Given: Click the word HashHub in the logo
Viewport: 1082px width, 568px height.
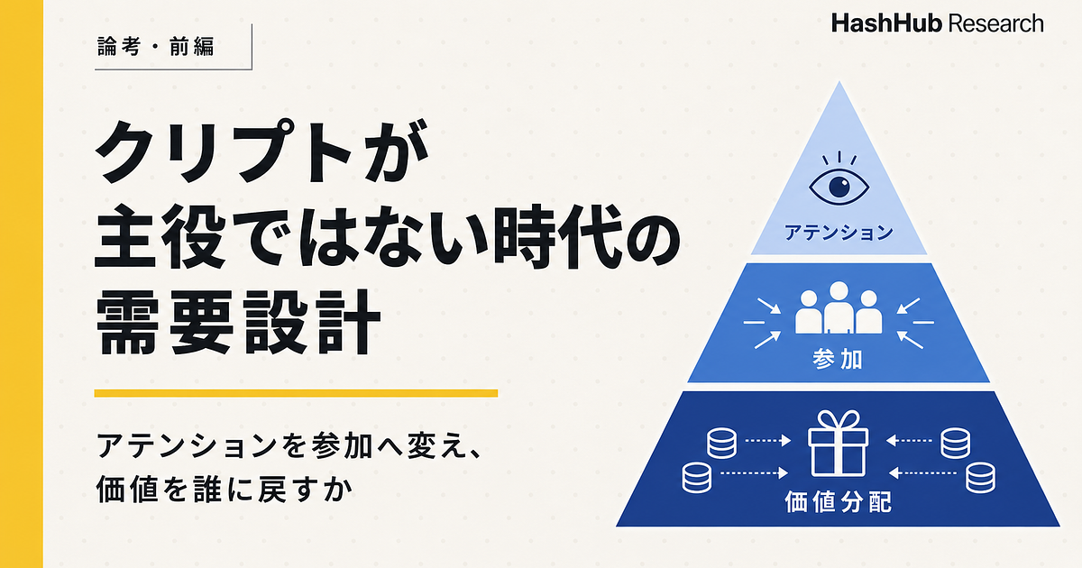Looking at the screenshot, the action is [887, 23].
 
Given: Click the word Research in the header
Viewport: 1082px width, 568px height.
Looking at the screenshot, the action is [996, 23].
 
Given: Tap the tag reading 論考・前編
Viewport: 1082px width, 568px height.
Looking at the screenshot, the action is [155, 47].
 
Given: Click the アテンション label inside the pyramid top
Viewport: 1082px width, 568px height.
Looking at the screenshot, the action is [839, 233].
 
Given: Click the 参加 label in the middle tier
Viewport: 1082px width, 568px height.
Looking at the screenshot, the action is [838, 360].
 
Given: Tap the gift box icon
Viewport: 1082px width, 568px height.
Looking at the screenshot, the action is [838, 444].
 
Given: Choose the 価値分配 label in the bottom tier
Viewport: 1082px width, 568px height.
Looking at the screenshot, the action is [838, 502].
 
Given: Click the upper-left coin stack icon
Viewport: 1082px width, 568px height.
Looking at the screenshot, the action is [721, 443].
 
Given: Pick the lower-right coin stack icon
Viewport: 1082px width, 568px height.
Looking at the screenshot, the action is [980, 477].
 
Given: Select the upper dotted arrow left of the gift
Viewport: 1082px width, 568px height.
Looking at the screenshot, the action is [767, 441].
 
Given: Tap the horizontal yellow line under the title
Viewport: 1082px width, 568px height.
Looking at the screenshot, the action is [296, 393].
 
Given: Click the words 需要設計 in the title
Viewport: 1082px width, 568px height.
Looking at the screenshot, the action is [239, 322].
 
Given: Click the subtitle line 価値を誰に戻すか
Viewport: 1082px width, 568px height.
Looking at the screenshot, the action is [225, 490].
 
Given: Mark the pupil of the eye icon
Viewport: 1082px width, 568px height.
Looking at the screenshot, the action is [839, 187].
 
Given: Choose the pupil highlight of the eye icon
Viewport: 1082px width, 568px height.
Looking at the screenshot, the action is [843, 182].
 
